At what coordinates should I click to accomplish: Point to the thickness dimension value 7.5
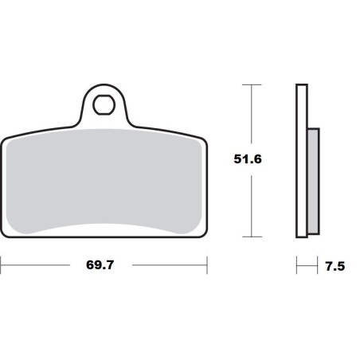tap(335, 267)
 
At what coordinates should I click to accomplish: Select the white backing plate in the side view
tap(301, 159)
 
